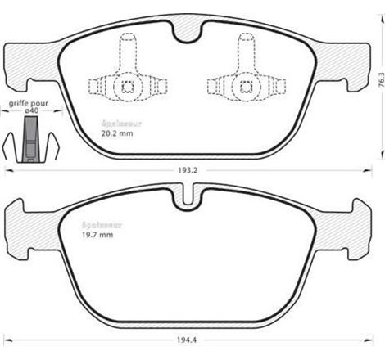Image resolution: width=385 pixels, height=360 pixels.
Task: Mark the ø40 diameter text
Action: (31, 114)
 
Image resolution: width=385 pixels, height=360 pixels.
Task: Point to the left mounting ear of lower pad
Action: (20, 222)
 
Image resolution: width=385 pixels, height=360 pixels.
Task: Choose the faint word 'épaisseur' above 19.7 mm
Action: (97, 226)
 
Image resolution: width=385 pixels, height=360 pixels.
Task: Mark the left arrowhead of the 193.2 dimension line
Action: (8, 169)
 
